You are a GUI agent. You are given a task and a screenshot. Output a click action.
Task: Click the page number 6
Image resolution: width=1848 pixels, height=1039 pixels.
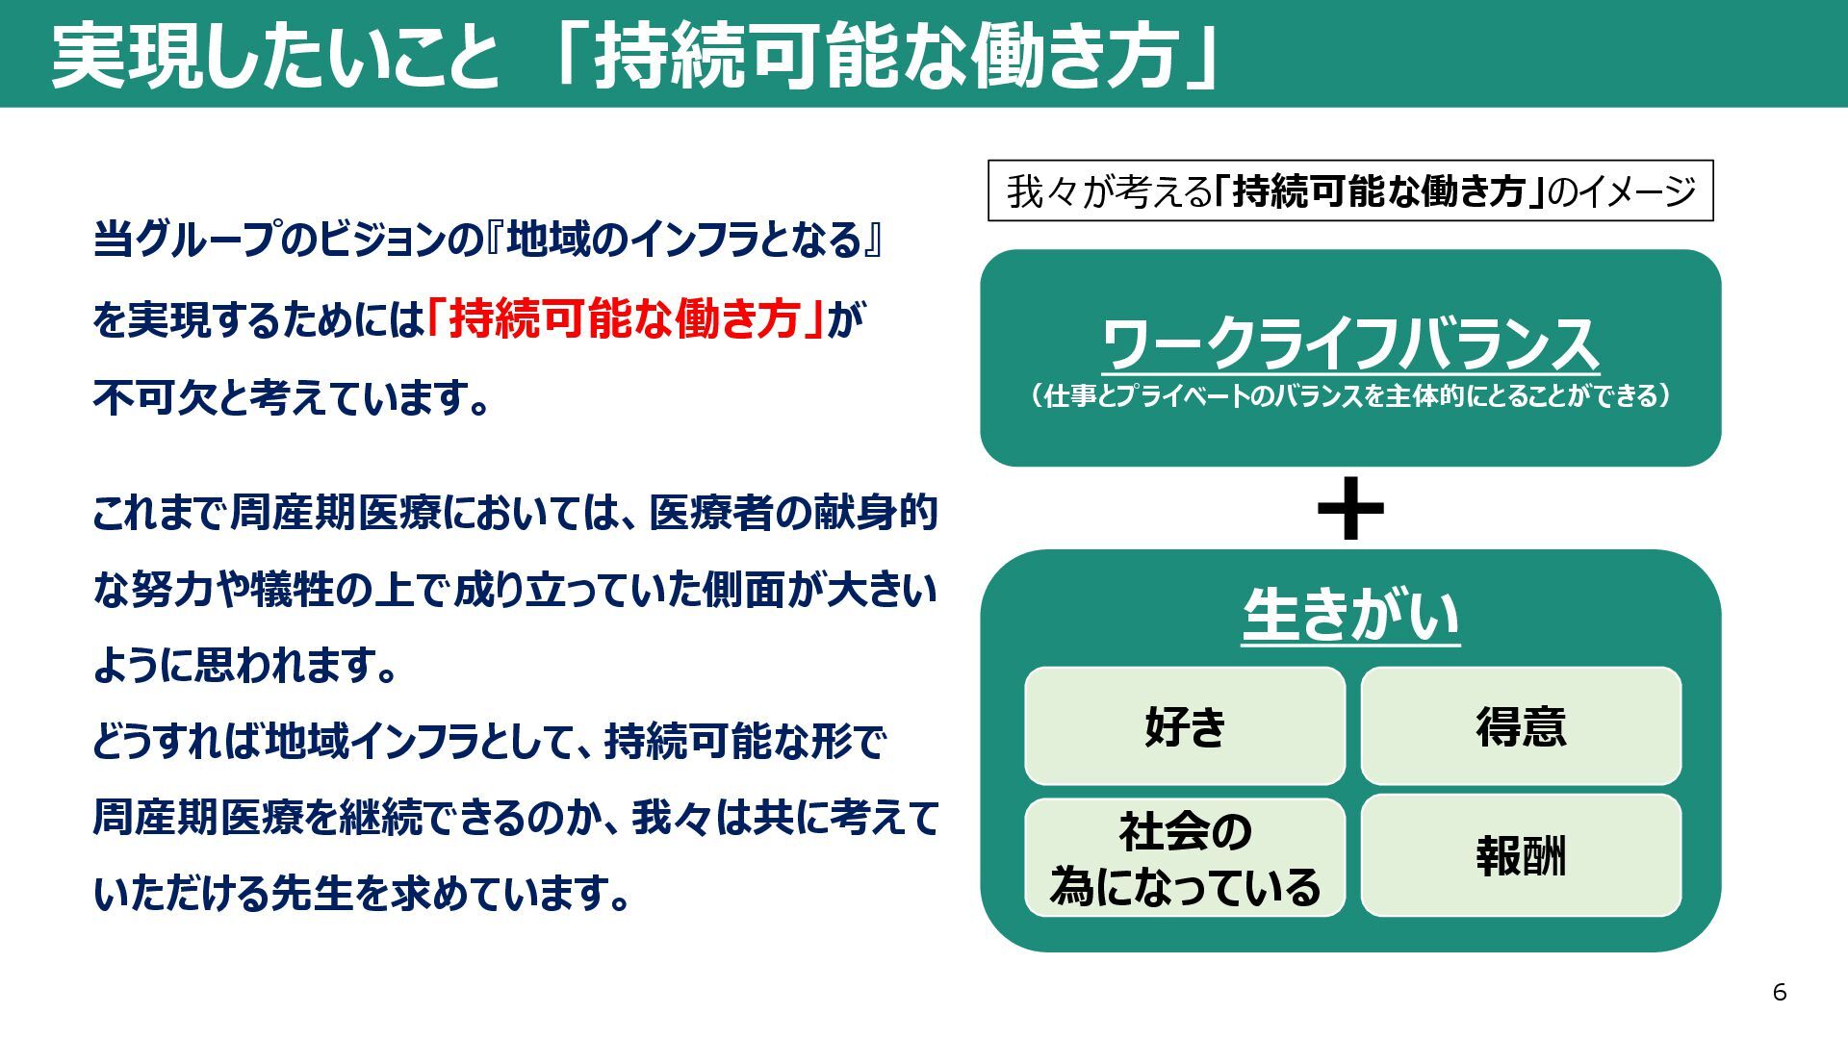1779,992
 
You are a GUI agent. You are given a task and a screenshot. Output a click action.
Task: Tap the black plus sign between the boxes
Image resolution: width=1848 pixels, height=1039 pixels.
1350,508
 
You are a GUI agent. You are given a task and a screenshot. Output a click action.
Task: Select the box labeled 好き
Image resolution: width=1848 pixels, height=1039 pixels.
1185,726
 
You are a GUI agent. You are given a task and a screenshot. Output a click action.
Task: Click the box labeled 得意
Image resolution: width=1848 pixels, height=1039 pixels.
1521,726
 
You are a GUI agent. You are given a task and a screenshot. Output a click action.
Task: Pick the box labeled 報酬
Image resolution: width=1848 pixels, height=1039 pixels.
1521,855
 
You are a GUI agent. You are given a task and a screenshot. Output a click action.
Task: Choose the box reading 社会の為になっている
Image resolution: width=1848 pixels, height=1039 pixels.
1185,857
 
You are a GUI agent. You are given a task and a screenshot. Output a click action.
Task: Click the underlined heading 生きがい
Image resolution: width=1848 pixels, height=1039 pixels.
1350,616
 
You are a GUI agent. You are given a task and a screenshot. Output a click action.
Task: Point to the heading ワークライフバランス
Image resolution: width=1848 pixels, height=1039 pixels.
1350,343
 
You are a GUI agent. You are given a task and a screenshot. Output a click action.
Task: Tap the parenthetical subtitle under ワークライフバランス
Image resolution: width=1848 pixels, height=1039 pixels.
1350,396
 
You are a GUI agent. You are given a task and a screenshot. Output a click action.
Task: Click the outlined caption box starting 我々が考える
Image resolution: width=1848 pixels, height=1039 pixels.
1350,190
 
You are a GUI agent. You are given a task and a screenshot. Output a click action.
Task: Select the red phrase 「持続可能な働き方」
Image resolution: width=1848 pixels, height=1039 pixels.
626,318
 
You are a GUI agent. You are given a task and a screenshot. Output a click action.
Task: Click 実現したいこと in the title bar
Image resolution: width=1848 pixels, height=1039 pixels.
275,56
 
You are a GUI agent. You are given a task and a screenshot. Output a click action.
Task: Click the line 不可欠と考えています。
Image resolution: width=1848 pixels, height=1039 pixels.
293,396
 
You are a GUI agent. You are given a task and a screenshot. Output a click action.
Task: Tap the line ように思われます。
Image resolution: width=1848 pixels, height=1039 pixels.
245,665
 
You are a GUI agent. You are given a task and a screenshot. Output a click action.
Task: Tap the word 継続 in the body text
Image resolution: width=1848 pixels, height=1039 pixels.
380,819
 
